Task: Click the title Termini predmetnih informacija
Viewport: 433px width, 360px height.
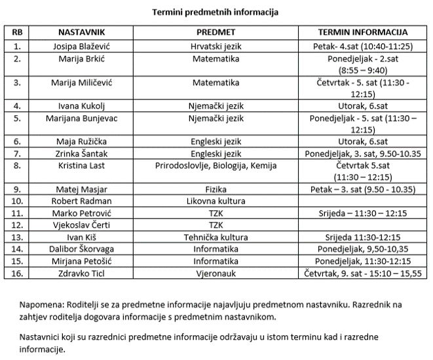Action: pyautogui.click(x=216, y=12)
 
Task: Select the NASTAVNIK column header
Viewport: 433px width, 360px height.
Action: pyautogui.click(x=82, y=32)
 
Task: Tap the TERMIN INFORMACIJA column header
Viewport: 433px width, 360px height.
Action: pyautogui.click(x=362, y=32)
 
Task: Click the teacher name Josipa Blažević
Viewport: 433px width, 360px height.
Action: pyautogui.click(x=82, y=46)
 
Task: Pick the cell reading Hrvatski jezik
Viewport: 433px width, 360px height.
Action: pyautogui.click(x=216, y=46)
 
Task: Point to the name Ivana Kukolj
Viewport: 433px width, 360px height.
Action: pyautogui.click(x=82, y=105)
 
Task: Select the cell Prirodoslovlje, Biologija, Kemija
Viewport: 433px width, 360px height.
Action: pyautogui.click(x=216, y=166)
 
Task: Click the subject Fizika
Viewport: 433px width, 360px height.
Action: pyautogui.click(x=216, y=189)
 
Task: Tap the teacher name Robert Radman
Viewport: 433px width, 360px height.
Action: pyautogui.click(x=82, y=201)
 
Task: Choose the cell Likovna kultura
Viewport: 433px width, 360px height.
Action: pyautogui.click(x=216, y=201)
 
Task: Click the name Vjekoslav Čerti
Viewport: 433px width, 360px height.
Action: pyautogui.click(x=82, y=225)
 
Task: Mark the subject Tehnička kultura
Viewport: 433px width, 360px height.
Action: pyautogui.click(x=216, y=237)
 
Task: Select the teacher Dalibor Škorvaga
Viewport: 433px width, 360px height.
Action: pyautogui.click(x=82, y=249)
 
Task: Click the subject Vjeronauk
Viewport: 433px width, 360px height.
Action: pyautogui.click(x=216, y=272)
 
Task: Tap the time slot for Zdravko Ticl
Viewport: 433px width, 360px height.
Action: pyautogui.click(x=362, y=272)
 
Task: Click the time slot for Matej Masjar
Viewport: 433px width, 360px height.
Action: pyautogui.click(x=362, y=189)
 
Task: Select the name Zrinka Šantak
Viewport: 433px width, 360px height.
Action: pyautogui.click(x=82, y=154)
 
